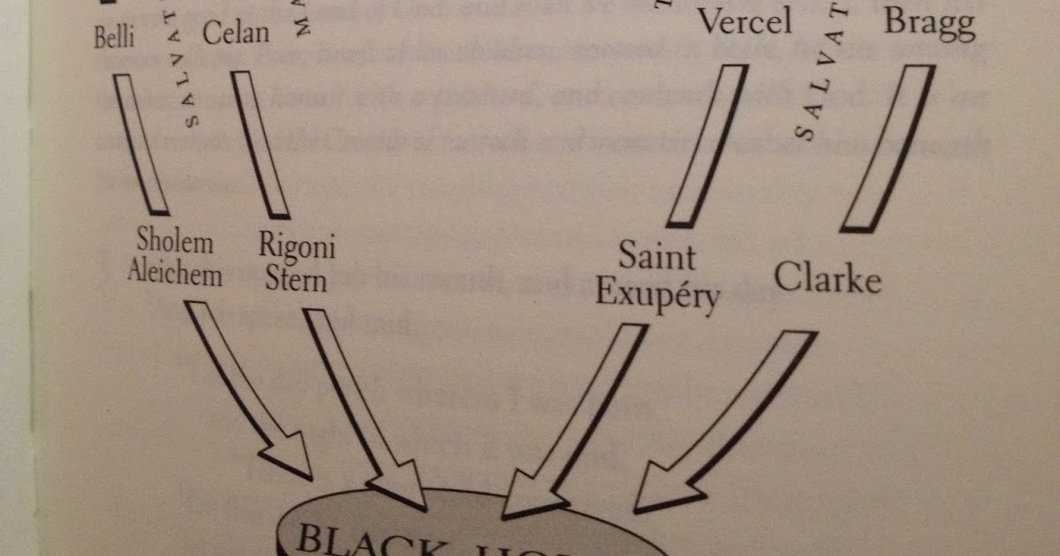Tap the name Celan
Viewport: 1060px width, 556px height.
point(234,33)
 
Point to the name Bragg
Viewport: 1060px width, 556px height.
point(929,24)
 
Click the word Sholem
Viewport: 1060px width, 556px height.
point(176,242)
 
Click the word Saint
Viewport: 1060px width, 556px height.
point(656,258)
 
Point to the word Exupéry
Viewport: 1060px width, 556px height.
point(657,293)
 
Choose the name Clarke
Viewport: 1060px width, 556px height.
point(828,279)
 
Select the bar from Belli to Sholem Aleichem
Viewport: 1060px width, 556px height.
point(141,144)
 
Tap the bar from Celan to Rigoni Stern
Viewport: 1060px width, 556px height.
point(260,146)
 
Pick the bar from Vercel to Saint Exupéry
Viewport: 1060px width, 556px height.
point(708,146)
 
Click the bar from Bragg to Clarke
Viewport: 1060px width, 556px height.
point(887,148)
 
